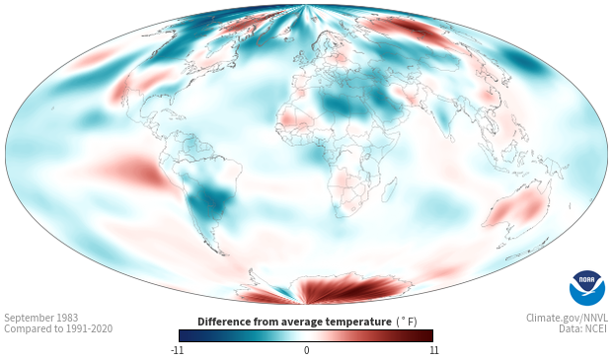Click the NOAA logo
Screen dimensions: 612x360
587,288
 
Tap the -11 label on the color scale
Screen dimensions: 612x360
177,350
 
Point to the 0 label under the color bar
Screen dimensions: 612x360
306,350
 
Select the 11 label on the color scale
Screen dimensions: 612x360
433,350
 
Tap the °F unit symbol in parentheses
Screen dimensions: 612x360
407,323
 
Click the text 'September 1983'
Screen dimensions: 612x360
41,318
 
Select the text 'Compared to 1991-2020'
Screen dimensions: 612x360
58,328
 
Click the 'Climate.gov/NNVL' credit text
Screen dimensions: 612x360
567,318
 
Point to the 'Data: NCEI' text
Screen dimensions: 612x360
583,328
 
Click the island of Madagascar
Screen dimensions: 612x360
389,190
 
